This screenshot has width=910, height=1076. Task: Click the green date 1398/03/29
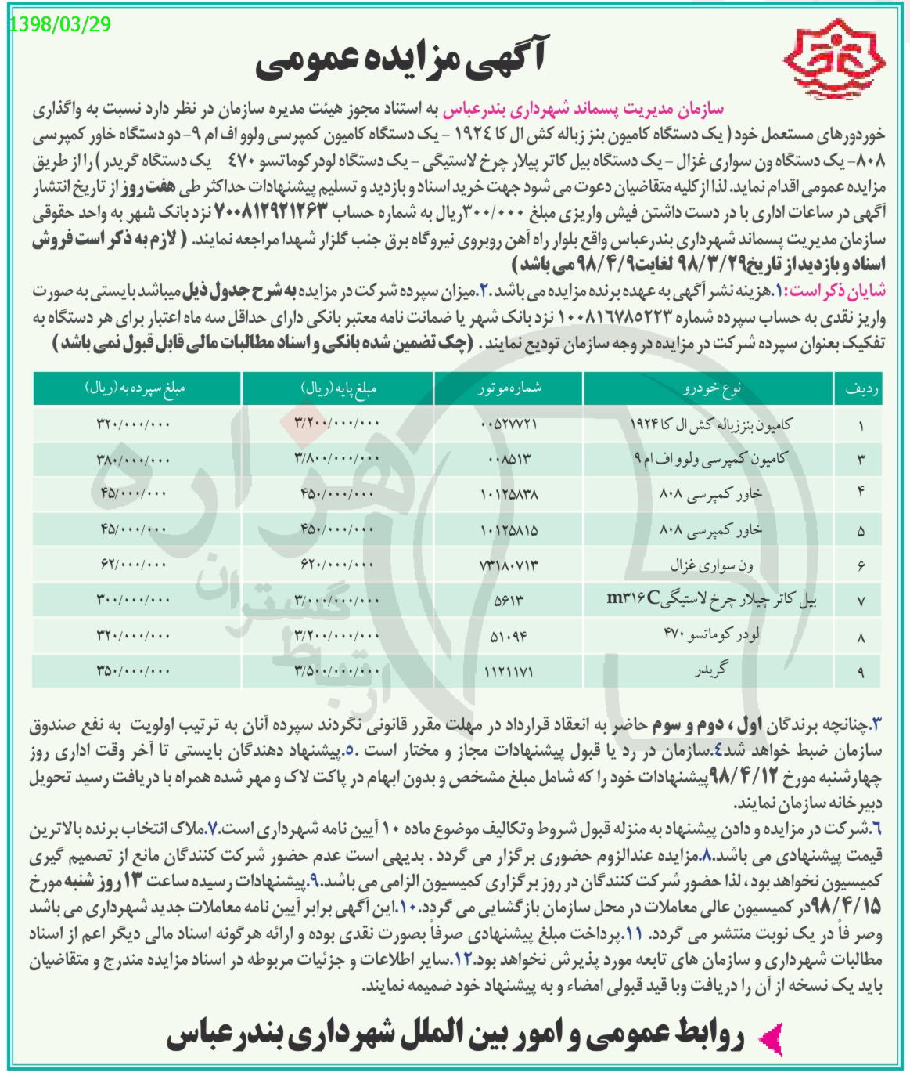pos(59,23)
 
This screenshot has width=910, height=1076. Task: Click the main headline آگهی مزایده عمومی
pos(402,62)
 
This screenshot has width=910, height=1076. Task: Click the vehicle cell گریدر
pos(710,671)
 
